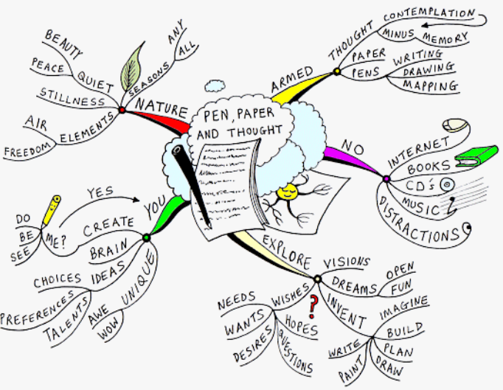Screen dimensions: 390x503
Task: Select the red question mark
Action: [x=313, y=304]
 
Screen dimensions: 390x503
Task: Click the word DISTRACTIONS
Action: [x=420, y=222]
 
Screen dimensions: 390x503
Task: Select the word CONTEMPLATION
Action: [x=429, y=14]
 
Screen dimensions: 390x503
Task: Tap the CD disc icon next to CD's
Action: [x=445, y=184]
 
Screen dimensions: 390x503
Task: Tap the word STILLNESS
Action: [x=72, y=97]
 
